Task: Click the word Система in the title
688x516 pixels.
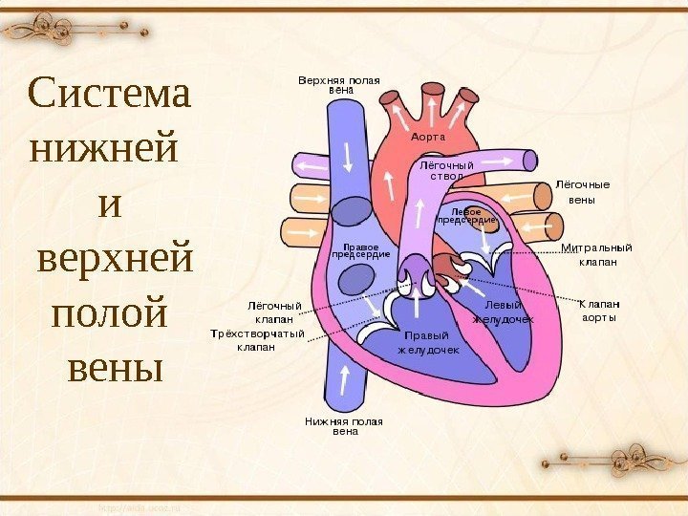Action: [x=110, y=95]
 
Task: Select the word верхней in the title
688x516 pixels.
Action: [x=114, y=258]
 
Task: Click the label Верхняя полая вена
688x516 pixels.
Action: [x=339, y=84]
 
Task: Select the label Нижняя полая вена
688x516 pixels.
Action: [x=344, y=425]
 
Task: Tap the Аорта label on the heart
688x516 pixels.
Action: [x=429, y=138]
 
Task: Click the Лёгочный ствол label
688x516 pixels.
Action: [x=447, y=170]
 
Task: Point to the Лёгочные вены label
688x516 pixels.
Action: [x=583, y=192]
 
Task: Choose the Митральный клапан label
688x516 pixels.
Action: [x=597, y=254]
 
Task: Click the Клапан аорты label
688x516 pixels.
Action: [x=600, y=310]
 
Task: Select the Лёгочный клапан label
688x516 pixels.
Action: [x=275, y=312]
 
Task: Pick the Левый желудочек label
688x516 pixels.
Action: [x=503, y=312]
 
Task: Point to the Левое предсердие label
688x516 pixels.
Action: [x=466, y=216]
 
